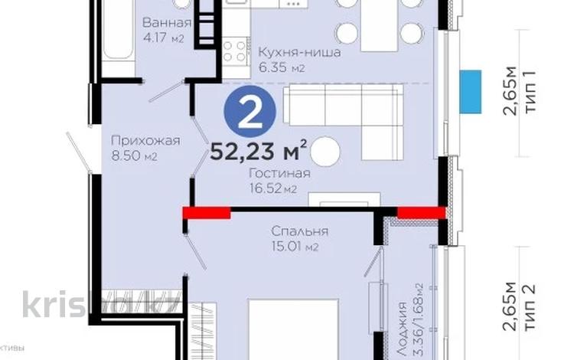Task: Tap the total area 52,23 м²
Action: (x=259, y=148)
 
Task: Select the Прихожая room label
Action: (x=145, y=140)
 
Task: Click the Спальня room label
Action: (x=299, y=231)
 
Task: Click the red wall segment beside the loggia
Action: (x=422, y=213)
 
